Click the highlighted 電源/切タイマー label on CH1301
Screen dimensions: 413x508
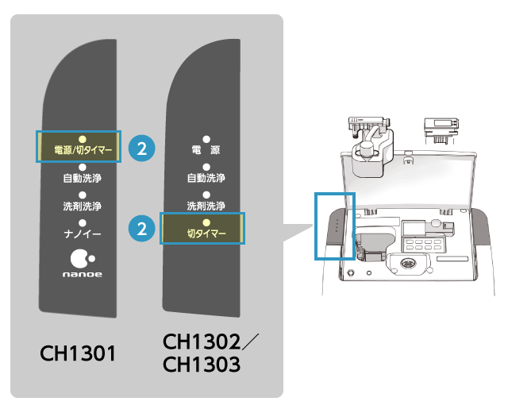[x=78, y=149]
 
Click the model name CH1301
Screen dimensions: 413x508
[x=79, y=353]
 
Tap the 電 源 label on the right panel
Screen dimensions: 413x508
[x=206, y=149]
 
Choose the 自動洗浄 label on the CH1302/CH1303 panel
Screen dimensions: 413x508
[x=206, y=178]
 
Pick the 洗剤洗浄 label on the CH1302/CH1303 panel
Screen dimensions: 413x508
[x=206, y=206]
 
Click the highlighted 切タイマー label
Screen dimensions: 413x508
[x=206, y=234]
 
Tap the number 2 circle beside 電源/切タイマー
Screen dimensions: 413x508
[x=142, y=148]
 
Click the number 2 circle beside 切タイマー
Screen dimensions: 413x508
[x=141, y=230]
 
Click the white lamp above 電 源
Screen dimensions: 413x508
[x=206, y=138]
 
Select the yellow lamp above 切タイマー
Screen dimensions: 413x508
[x=206, y=222]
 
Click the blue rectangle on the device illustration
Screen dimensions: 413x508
[x=335, y=226]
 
